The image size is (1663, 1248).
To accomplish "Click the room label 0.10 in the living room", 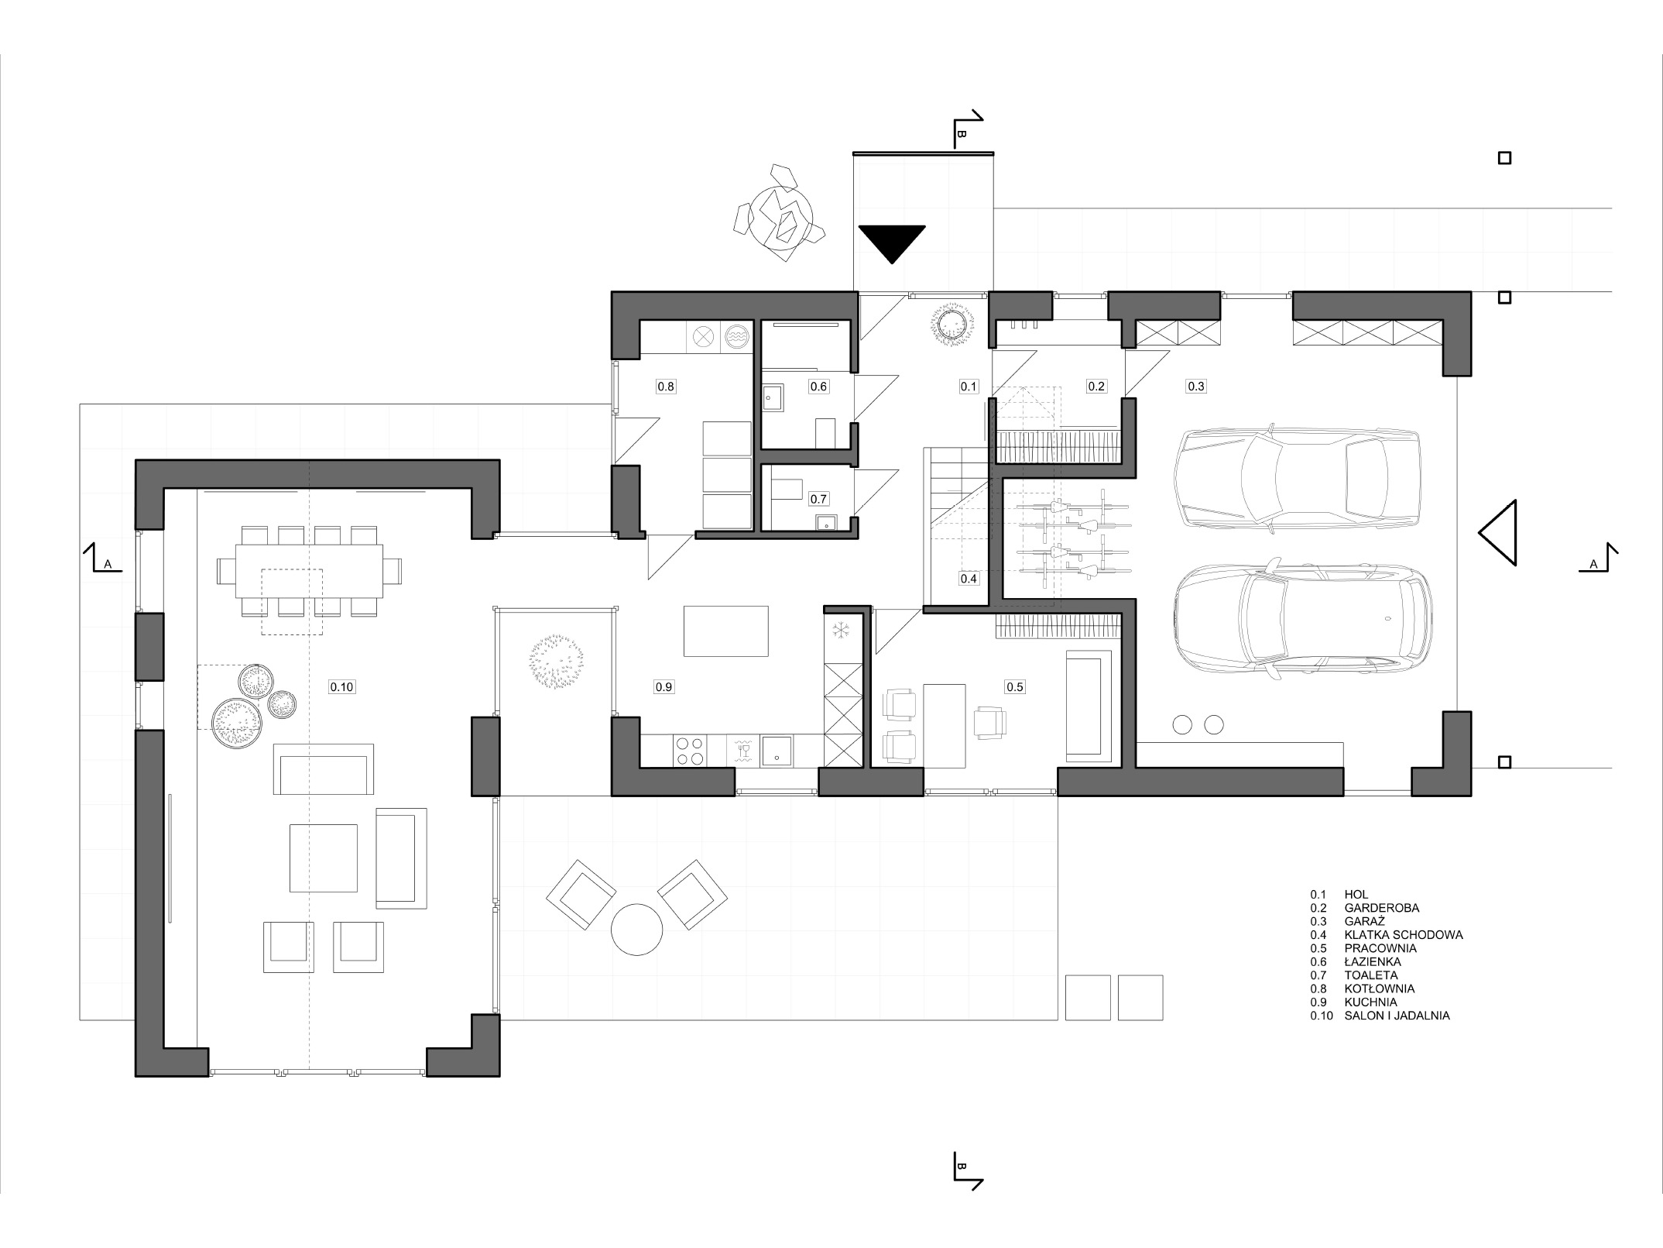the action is [341, 686].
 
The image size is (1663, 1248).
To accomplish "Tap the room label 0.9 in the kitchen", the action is [663, 686].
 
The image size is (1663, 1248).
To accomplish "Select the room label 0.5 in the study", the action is [1014, 686].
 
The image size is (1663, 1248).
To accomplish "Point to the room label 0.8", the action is [666, 386].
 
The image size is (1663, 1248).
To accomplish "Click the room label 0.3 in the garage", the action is [1196, 386].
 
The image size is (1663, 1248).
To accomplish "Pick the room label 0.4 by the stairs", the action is [969, 578].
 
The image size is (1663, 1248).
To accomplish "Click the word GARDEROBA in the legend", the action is [1382, 908].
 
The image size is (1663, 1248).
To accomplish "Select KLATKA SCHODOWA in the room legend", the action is [1404, 935].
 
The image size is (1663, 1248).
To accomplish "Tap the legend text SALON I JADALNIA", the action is [1397, 1016].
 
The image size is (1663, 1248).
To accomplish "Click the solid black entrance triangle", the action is [892, 239].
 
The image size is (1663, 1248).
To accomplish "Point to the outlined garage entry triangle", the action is [1497, 533].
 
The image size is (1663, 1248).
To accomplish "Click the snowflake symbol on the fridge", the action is [841, 629].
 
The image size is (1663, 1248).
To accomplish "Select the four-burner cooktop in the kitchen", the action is [691, 750].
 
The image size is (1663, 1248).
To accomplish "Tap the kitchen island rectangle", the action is [725, 631].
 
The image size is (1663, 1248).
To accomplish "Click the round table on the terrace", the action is [636, 930].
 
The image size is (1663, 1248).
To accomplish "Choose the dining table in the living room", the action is [310, 571].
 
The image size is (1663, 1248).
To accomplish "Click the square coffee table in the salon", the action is [324, 858].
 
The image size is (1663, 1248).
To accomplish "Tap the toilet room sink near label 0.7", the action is [826, 521].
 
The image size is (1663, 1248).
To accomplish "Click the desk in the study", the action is [945, 726].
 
